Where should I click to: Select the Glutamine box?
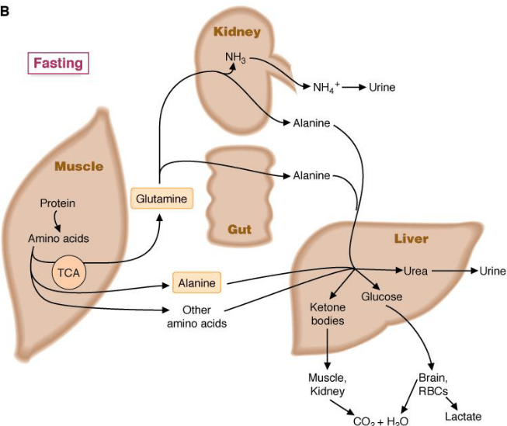[x=161, y=199]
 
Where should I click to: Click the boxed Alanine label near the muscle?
[x=197, y=282]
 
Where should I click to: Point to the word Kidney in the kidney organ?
[x=238, y=33]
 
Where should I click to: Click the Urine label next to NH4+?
[x=381, y=87]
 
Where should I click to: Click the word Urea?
[x=416, y=271]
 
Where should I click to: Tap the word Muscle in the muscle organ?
[x=78, y=166]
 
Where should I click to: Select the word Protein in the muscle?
[x=57, y=203]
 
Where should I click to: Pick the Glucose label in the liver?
[x=380, y=297]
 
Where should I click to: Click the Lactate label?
[x=464, y=416]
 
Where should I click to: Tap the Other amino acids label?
[x=196, y=316]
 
